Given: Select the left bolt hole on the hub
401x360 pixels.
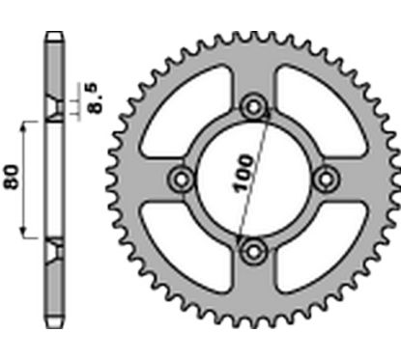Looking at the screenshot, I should (181, 178).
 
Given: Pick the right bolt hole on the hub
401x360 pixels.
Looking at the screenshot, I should (328, 178).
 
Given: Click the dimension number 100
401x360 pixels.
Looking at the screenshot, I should (242, 169).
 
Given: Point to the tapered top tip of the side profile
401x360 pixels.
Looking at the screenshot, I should (53, 39).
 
